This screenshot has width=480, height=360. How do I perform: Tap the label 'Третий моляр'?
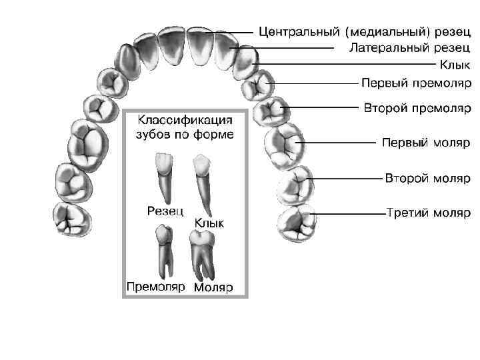click(x=428, y=213)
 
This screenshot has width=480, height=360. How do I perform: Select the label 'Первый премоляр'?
click(x=416, y=83)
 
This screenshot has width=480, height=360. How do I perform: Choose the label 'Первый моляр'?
click(x=425, y=143)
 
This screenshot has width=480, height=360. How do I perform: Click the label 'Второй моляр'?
click(x=427, y=178)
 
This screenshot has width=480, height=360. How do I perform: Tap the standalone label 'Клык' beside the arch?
click(x=455, y=65)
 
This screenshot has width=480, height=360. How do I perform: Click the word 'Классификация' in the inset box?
click(x=185, y=121)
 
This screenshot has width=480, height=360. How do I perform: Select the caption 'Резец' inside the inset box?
click(x=165, y=211)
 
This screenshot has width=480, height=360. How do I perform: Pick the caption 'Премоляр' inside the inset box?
click(x=155, y=287)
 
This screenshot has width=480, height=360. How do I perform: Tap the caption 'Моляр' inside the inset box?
click(x=213, y=288)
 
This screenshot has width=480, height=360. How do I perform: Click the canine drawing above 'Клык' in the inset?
click(x=201, y=180)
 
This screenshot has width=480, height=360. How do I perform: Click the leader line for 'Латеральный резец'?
click(x=287, y=48)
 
